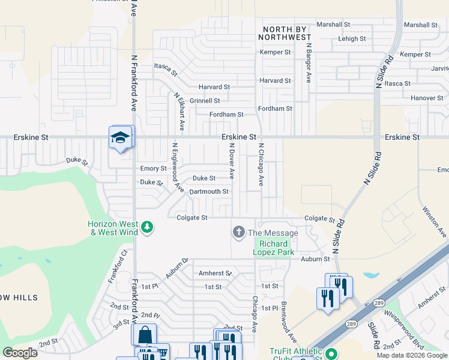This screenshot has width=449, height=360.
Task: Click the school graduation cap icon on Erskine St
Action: [120, 138]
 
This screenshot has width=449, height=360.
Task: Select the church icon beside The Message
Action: [239, 232]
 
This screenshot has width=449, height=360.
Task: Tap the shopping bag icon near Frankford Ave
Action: [145, 335]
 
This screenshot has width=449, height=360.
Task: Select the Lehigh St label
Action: [352, 38]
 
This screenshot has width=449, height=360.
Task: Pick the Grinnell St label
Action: [205, 101]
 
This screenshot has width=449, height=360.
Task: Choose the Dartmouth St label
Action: [208, 191]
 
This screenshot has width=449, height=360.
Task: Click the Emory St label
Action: [152, 169]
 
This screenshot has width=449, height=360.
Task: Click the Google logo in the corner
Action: [20, 353]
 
